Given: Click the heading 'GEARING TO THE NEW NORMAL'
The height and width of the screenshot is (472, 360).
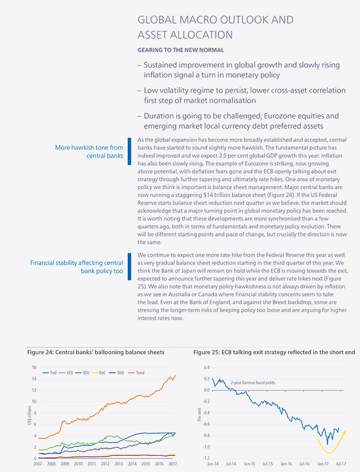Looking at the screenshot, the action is point(181,50).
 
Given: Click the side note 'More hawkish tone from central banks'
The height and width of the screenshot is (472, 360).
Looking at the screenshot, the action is point(89,152).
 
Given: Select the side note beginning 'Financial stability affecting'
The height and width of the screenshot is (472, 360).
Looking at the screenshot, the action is point(77,267).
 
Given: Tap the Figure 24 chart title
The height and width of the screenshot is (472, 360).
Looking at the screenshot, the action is point(96,352).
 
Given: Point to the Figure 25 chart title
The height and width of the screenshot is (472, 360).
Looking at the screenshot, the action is point(274,352).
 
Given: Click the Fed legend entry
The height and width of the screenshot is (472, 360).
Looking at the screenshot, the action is point(49,373).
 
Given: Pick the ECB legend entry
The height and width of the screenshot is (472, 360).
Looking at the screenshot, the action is point(66,373).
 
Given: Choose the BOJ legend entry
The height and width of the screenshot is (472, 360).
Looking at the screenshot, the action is point(82,373).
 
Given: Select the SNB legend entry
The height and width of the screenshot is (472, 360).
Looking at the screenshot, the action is point(116,373).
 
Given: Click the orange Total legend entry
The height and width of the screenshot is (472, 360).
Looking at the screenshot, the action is point(136,373).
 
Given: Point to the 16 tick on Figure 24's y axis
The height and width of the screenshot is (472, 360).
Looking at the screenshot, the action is point(34,367).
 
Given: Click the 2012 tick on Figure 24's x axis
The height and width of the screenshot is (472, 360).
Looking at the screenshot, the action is point(105,464).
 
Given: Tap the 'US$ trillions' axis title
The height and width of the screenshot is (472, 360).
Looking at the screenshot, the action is point(29,415).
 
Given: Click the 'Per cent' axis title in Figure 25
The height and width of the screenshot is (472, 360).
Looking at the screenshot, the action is point(199,414).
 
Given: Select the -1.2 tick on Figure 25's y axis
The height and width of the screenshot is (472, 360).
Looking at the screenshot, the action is point(206,458).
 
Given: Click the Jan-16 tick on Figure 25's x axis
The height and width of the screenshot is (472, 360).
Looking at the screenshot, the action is point(286,464).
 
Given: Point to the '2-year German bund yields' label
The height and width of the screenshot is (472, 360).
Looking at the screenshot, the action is point(253,383).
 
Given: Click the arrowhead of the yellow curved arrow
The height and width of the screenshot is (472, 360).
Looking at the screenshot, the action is point(344,432).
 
